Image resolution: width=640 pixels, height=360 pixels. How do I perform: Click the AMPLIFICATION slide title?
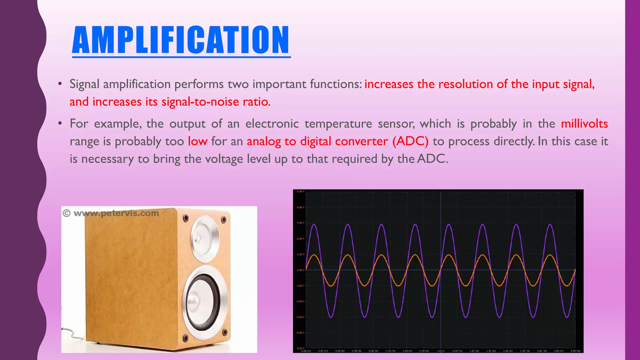point(181,40)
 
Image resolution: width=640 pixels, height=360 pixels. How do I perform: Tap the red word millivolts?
point(584,124)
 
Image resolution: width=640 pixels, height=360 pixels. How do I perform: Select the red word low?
point(197,141)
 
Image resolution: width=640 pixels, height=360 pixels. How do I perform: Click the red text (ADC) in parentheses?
point(410,141)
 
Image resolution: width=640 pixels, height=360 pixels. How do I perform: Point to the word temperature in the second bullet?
point(338,124)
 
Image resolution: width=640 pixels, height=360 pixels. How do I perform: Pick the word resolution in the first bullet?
point(464,84)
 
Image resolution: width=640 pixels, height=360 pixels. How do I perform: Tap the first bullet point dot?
point(60,84)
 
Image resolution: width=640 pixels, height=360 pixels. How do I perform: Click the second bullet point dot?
point(60,124)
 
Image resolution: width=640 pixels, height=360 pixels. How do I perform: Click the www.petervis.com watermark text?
point(116,213)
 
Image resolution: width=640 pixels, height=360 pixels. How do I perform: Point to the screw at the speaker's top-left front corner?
point(186,217)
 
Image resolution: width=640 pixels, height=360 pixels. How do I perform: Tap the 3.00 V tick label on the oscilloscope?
point(300,223)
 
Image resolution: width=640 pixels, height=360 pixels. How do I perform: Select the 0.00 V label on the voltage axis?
point(300,270)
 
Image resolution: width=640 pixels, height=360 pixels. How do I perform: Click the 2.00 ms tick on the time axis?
point(508,351)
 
